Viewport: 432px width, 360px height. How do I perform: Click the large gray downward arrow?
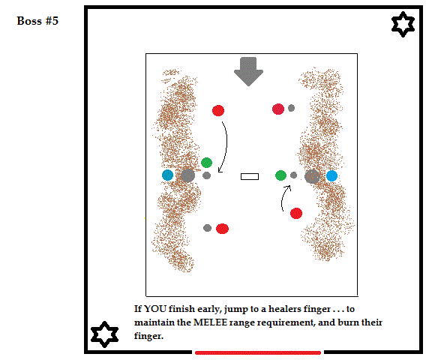pyautogui.click(x=248, y=71)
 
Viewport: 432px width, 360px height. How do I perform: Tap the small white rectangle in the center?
pyautogui.click(x=250, y=176)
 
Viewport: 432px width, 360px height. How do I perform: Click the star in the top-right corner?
pyautogui.click(x=403, y=24)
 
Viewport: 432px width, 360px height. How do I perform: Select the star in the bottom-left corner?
pyautogui.click(x=105, y=334)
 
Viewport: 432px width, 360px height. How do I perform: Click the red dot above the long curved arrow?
pyautogui.click(x=218, y=111)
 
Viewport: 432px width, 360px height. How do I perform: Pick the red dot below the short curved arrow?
pyautogui.click(x=296, y=213)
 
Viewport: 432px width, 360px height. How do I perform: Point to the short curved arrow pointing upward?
pyautogui.click(x=283, y=197)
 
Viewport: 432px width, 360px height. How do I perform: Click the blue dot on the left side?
pyautogui.click(x=167, y=175)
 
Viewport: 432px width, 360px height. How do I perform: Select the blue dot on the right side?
pyautogui.click(x=331, y=176)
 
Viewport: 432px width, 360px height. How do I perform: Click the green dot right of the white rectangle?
pyautogui.click(x=280, y=175)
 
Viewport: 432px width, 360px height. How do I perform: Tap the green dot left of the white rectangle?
pyautogui.click(x=207, y=163)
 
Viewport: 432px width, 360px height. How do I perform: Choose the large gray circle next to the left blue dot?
pyautogui.click(x=188, y=175)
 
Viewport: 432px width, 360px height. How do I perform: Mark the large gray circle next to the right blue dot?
pyautogui.click(x=312, y=176)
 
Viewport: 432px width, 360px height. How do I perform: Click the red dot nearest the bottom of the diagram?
pyautogui.click(x=222, y=229)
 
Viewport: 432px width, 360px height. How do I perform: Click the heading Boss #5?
pyautogui.click(x=37, y=21)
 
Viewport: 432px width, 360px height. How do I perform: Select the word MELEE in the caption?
pyautogui.click(x=210, y=322)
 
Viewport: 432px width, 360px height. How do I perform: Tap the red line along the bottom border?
pyautogui.click(x=258, y=352)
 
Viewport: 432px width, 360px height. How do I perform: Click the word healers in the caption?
pyautogui.click(x=284, y=309)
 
